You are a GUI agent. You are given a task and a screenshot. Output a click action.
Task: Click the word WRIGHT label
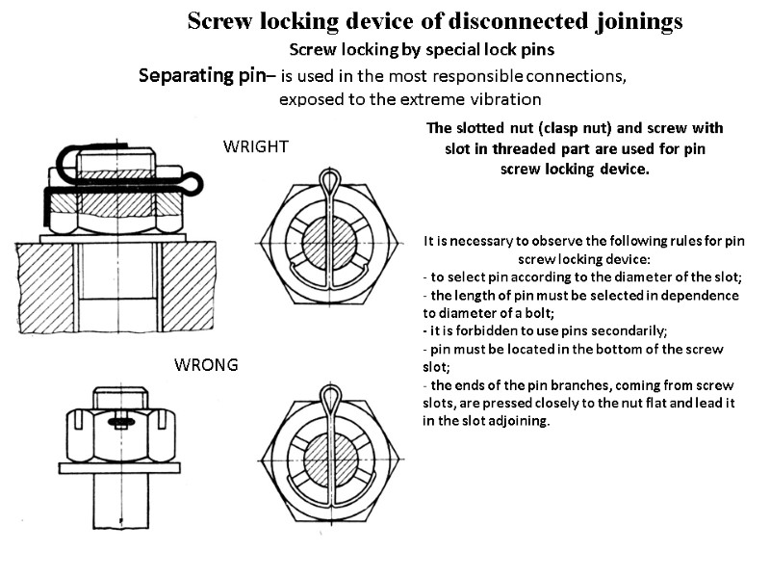pos(256,146)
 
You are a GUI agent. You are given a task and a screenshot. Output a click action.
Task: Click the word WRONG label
pos(205,366)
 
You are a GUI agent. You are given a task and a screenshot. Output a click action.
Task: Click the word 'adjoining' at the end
pos(515,421)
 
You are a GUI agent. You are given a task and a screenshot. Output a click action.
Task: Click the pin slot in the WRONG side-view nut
pos(122,422)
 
